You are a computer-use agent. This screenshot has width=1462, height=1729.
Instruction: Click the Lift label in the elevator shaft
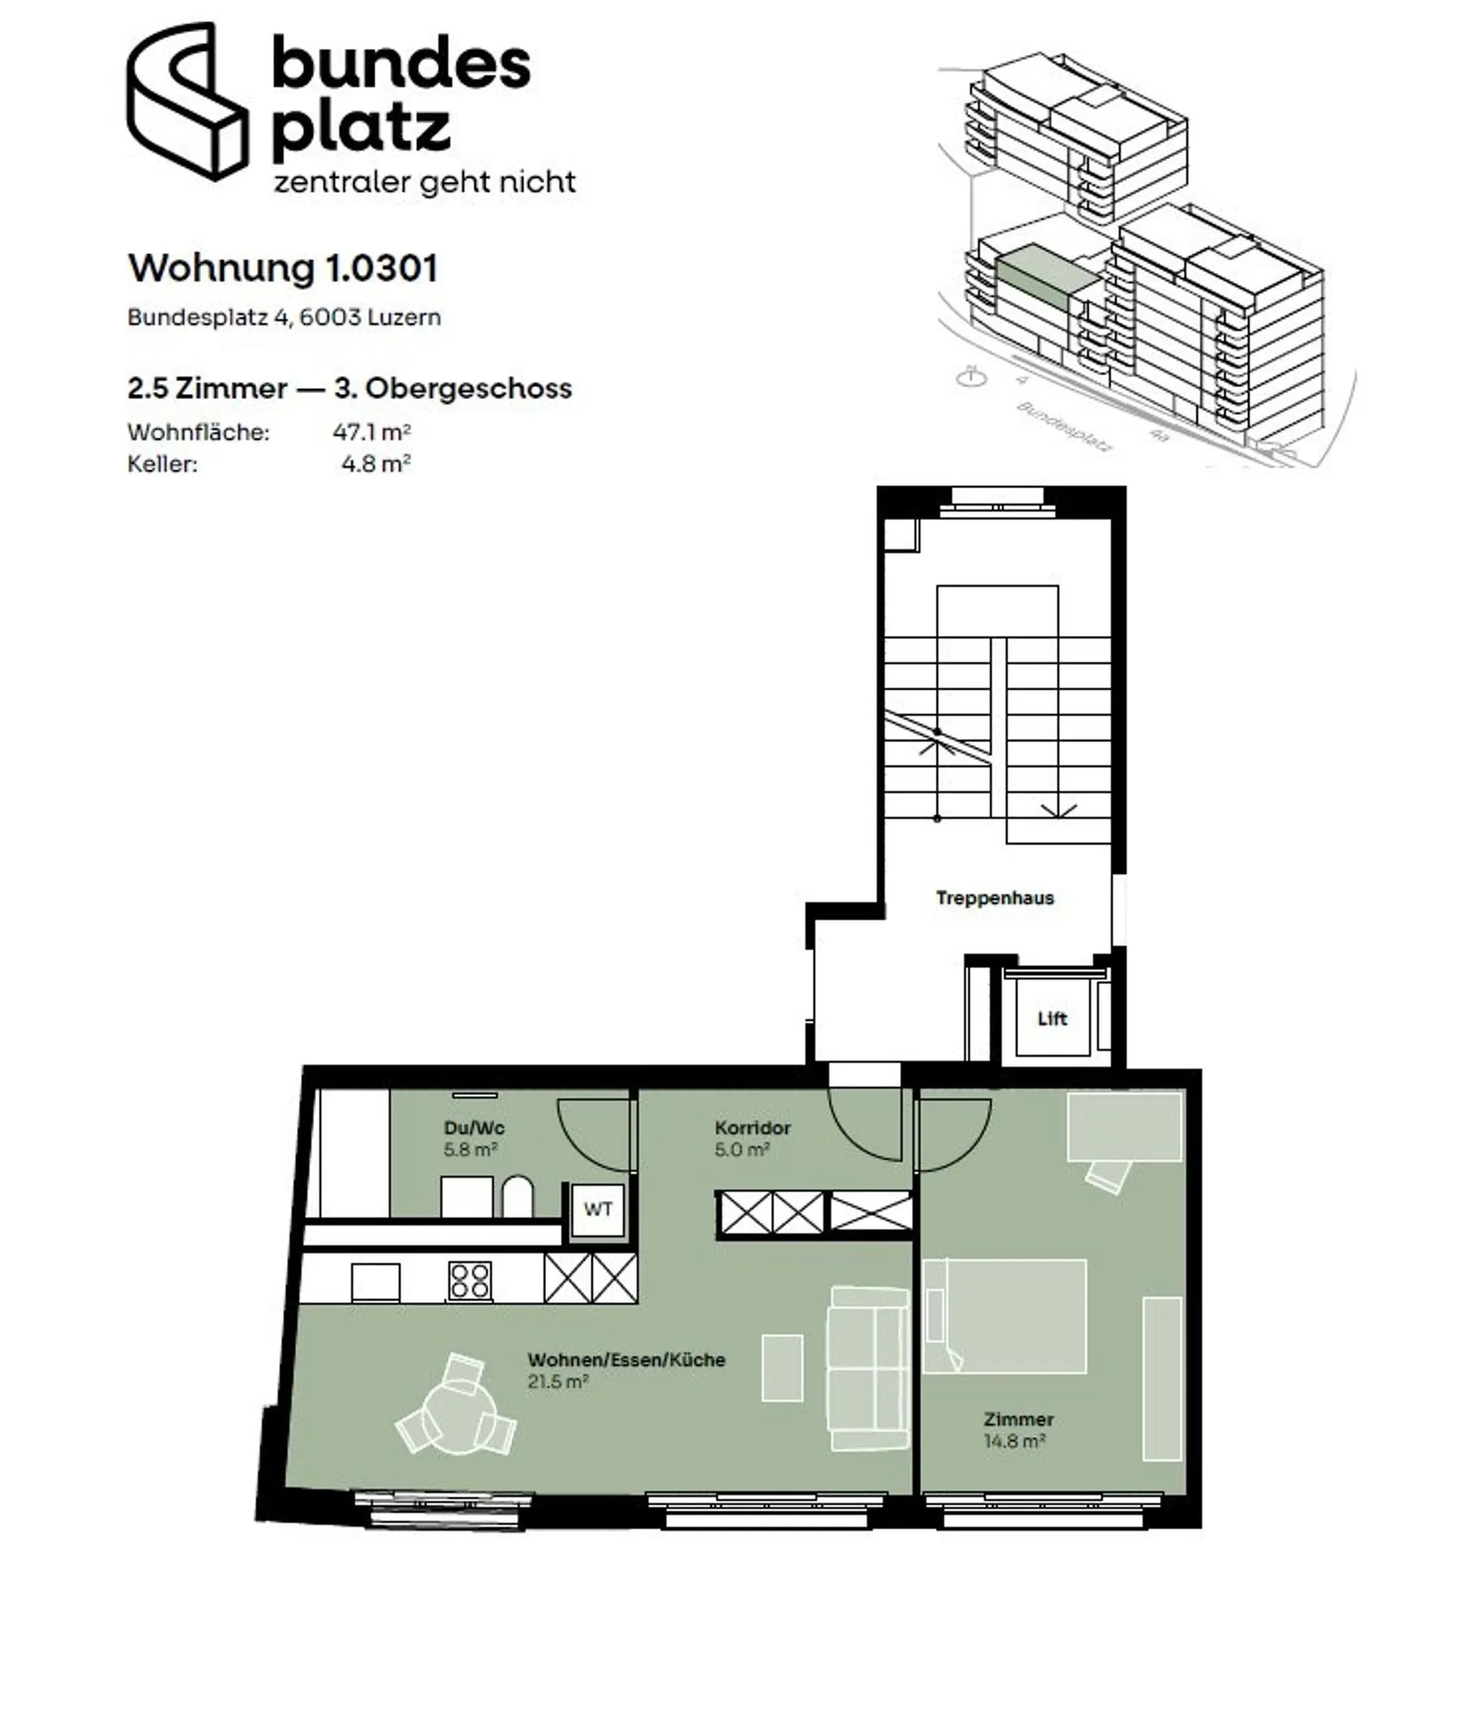click(x=1052, y=1018)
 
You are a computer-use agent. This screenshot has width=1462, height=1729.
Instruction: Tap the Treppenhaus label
click(x=994, y=898)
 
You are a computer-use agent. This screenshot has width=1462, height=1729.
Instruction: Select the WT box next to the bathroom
click(x=598, y=1209)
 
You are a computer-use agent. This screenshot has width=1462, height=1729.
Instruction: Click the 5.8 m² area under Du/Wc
click(x=470, y=1149)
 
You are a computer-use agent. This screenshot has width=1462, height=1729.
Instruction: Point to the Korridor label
click(x=752, y=1128)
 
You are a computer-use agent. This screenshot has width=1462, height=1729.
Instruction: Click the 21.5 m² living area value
click(x=558, y=1381)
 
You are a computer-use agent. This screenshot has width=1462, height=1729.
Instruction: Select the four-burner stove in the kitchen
click(x=470, y=1280)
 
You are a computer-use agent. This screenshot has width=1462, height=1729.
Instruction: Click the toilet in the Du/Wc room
click(x=518, y=1196)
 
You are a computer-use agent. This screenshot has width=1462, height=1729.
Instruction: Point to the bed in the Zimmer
click(x=1004, y=1316)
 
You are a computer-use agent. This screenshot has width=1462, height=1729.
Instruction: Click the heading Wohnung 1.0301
click(x=283, y=267)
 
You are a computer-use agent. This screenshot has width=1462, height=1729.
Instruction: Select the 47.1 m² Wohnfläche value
click(x=372, y=432)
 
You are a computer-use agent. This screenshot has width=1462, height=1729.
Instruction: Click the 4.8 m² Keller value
click(x=376, y=463)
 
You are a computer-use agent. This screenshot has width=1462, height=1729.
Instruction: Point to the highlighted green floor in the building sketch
click(x=1049, y=275)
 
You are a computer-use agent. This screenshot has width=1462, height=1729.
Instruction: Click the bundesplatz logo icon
click(x=187, y=100)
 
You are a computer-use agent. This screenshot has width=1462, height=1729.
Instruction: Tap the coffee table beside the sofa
click(x=782, y=1368)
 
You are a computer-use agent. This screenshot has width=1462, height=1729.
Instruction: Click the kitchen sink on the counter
click(x=375, y=1281)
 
